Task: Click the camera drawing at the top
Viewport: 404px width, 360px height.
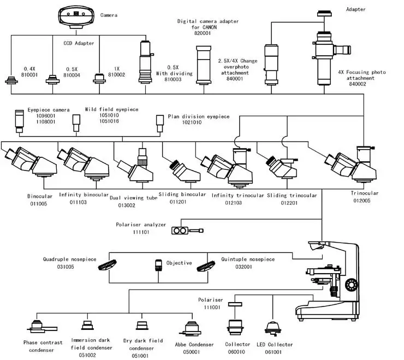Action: (x=74, y=16)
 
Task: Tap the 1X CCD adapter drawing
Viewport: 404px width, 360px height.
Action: (x=99, y=78)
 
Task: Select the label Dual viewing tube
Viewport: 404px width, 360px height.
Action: (x=134, y=198)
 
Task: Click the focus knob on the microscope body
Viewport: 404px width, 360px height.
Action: (x=352, y=285)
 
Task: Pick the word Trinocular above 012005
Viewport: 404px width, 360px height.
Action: (x=364, y=193)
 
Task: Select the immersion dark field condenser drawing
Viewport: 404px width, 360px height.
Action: (x=85, y=327)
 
